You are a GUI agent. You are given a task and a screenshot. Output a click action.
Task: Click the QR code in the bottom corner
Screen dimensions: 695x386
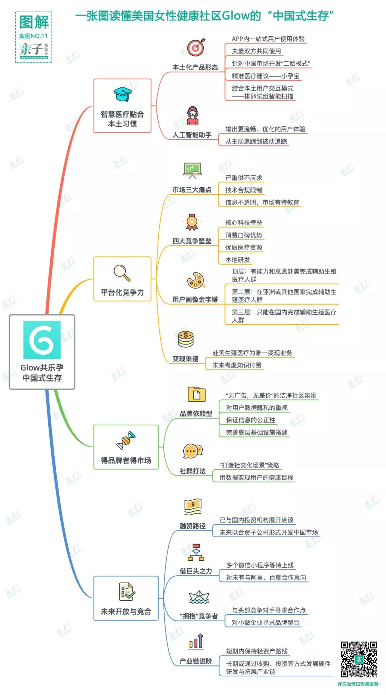click(358, 659)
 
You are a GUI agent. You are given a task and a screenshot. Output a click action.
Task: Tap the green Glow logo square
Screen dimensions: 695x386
click(42, 340)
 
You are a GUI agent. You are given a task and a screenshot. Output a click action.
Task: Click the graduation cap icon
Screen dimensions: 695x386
click(122, 95)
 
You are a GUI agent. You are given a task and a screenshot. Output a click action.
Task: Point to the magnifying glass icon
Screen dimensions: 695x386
click(122, 273)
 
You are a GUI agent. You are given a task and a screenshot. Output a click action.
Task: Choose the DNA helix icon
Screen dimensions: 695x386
click(126, 441)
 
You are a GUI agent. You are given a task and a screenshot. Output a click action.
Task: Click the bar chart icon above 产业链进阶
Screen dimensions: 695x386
click(196, 641)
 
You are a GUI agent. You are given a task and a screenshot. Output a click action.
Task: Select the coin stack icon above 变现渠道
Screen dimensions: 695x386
click(185, 339)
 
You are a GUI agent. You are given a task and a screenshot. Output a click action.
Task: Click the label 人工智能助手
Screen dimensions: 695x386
click(192, 135)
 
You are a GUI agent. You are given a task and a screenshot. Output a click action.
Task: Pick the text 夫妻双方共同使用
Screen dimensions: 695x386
click(256, 51)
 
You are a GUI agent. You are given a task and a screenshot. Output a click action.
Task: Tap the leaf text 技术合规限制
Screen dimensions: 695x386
click(244, 190)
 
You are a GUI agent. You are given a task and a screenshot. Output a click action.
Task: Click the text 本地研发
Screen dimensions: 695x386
click(238, 260)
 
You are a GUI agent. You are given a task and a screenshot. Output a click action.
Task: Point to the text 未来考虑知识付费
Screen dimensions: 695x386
click(237, 365)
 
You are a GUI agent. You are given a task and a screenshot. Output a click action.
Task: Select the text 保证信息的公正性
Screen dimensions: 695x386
click(251, 420)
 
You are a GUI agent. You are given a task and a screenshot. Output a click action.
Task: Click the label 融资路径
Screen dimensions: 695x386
click(193, 526)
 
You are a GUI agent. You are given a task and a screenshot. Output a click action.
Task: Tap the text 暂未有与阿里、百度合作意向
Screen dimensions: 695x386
click(266, 577)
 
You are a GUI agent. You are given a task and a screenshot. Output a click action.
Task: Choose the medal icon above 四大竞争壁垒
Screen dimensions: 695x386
click(192, 222)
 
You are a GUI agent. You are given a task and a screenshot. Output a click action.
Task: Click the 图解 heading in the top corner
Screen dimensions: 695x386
click(34, 22)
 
